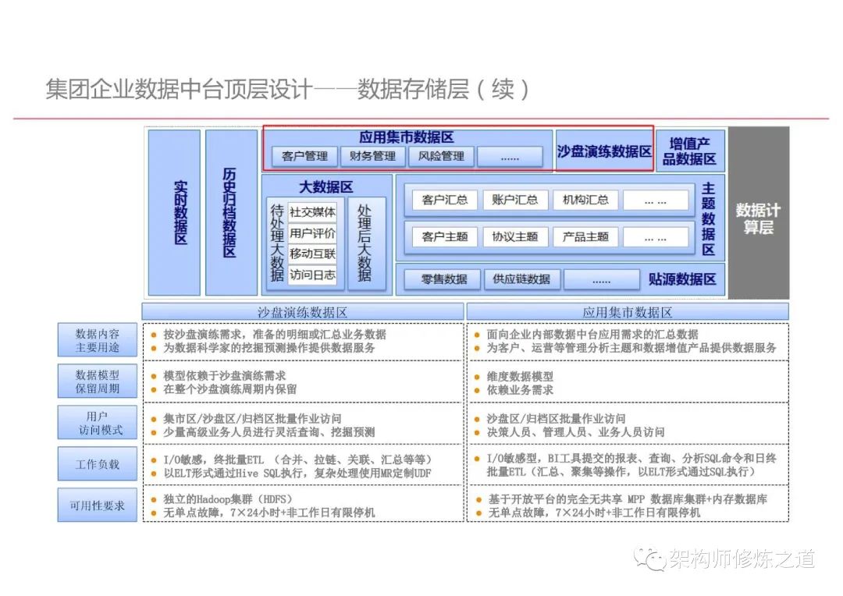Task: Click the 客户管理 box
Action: point(304,156)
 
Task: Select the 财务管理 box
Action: point(373,156)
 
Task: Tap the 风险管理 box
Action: point(441,156)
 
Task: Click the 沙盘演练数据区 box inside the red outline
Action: point(604,151)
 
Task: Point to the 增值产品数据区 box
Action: point(689,151)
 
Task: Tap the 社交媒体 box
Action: point(312,211)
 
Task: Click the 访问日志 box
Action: point(312,275)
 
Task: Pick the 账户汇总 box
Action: point(515,200)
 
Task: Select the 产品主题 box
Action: point(585,236)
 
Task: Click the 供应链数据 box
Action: point(521,279)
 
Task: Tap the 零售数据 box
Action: point(444,279)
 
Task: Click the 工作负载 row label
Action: point(98,464)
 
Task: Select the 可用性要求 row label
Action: point(98,506)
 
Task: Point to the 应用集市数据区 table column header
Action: point(628,312)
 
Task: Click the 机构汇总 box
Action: point(585,200)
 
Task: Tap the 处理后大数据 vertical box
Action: point(365,243)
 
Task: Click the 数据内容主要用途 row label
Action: point(98,341)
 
